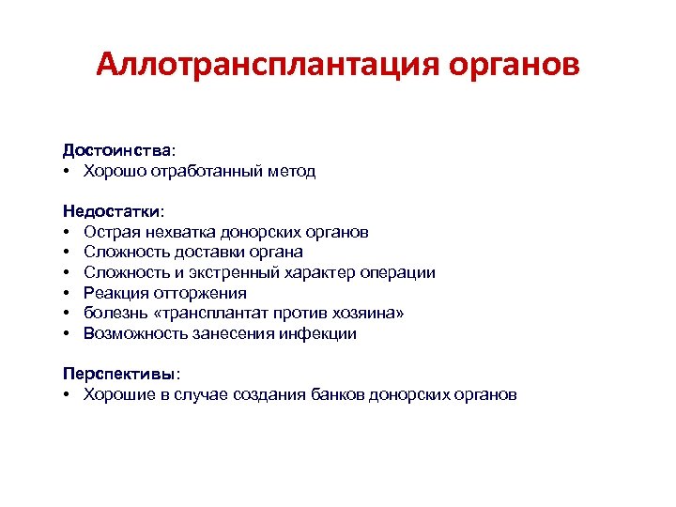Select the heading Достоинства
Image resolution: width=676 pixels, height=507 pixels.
(116, 150)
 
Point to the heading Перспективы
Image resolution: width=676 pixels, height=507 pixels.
(118, 373)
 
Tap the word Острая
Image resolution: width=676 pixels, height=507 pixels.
(110, 231)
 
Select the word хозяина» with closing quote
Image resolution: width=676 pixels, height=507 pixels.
(373, 314)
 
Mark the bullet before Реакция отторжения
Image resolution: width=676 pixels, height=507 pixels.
(69, 293)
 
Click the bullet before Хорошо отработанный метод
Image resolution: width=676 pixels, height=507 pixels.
(69, 171)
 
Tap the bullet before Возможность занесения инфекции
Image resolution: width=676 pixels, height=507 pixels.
(69, 333)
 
